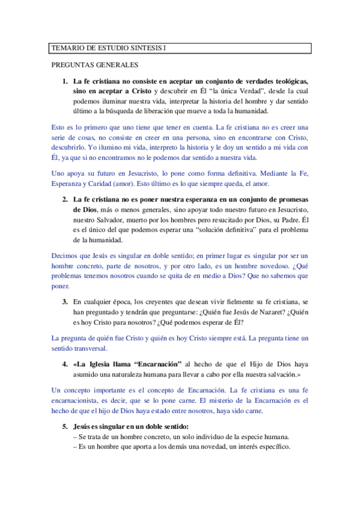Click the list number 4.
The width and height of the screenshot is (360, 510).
[x=64, y=364]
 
